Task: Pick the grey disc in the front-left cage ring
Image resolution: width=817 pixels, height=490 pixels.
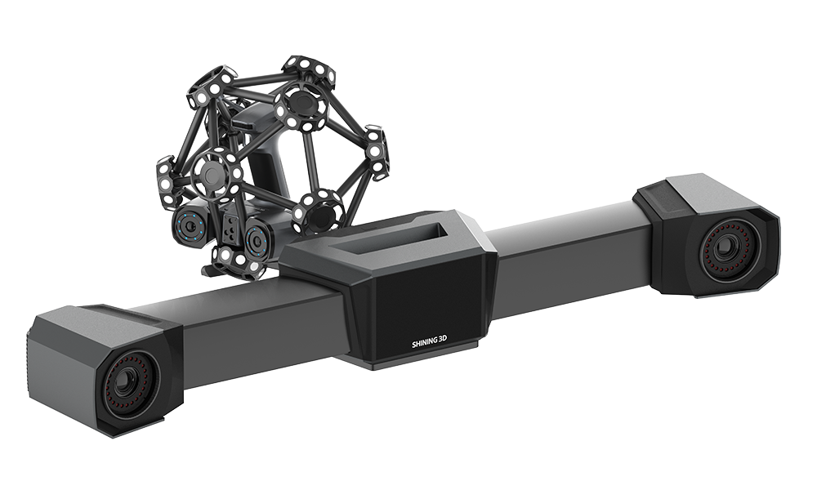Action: point(212,172)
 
